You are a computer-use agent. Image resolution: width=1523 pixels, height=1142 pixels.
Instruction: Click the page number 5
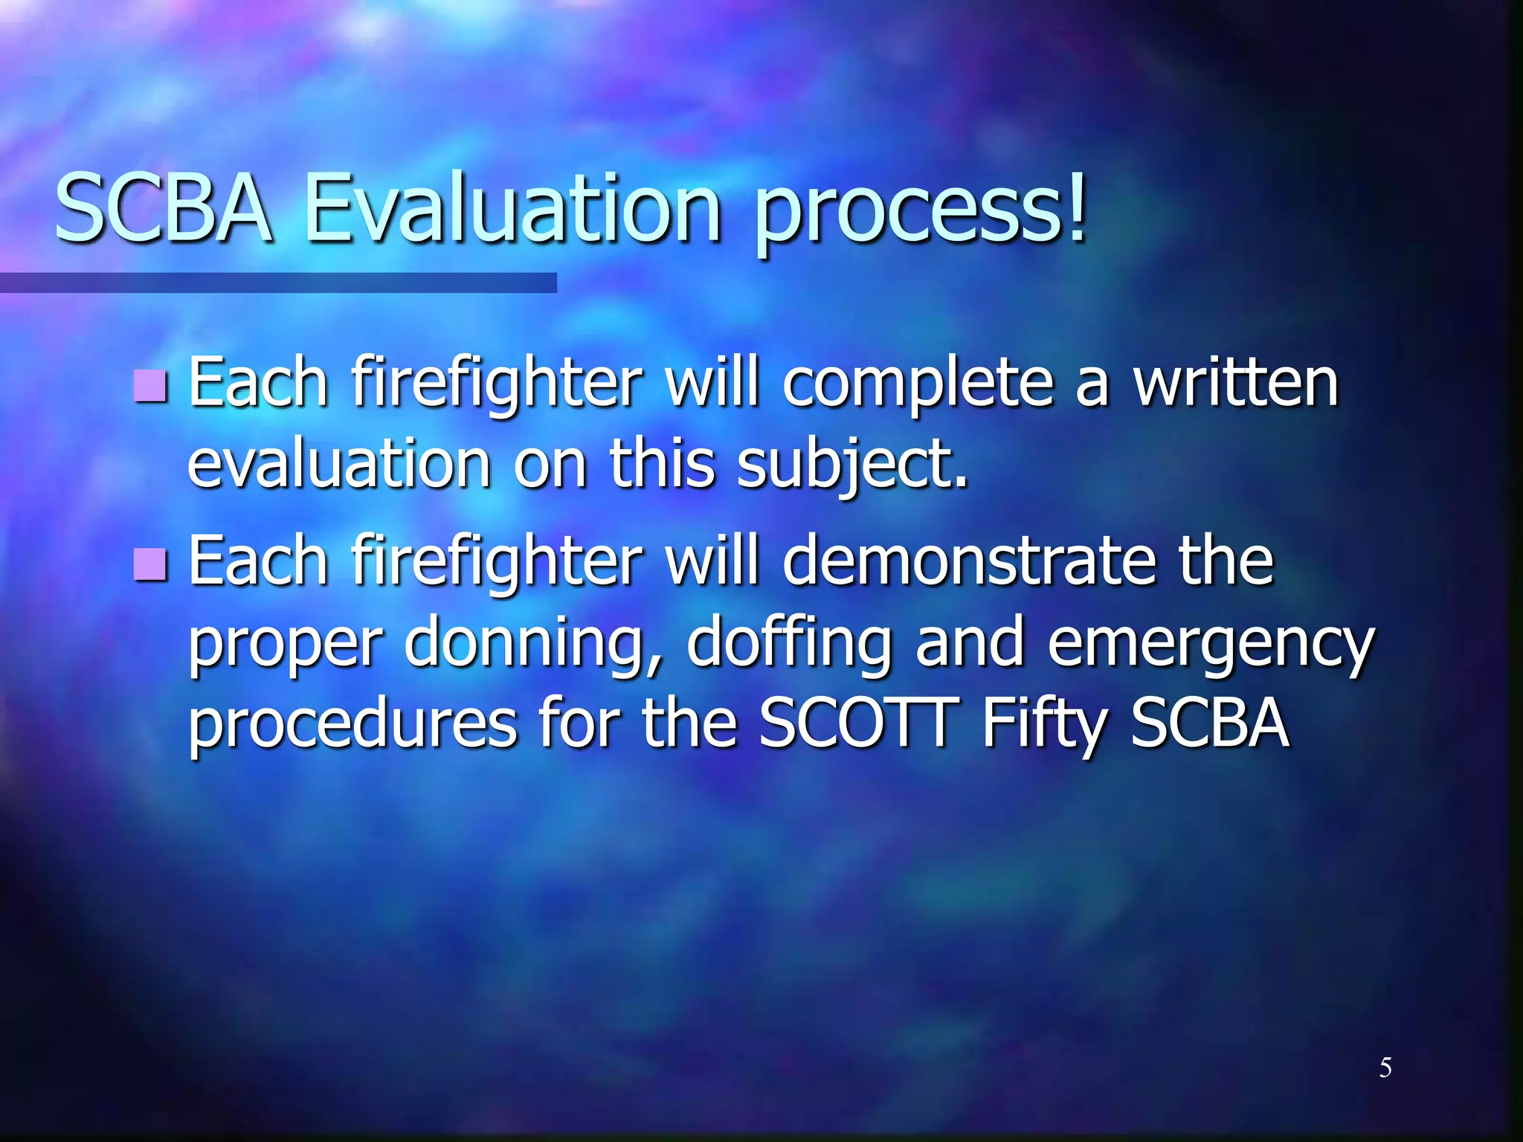click(x=1385, y=1068)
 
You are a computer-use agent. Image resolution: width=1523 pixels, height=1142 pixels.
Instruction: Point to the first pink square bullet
click(x=151, y=385)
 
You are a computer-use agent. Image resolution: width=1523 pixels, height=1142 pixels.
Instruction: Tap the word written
click(x=1235, y=383)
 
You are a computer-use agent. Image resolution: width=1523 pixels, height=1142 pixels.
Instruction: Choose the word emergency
click(x=1211, y=645)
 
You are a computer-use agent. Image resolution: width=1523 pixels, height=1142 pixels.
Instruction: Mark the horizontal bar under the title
click(x=278, y=283)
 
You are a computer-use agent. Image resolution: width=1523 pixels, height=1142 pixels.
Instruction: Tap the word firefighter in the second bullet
click(x=497, y=564)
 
